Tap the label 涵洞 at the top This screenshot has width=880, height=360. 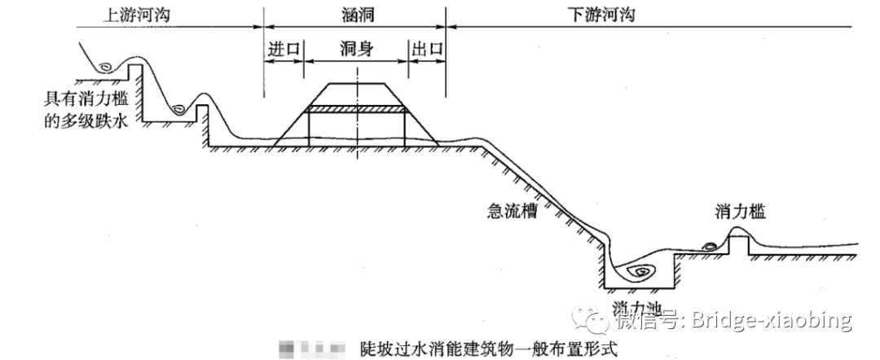click(x=355, y=14)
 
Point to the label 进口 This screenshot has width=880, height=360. click(x=284, y=49)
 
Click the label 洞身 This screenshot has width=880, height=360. click(x=356, y=49)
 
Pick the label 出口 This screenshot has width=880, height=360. click(x=428, y=49)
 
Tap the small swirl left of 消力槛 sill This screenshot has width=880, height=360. click(x=710, y=244)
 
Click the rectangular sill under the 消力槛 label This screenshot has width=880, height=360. click(x=738, y=242)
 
